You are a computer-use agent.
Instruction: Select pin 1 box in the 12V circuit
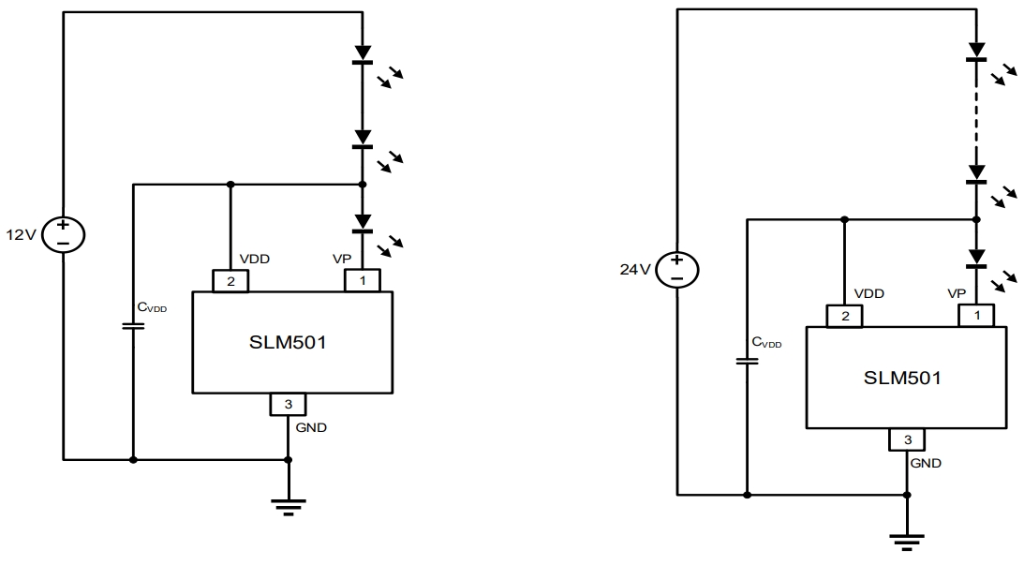(362, 279)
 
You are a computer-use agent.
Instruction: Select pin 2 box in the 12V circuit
(230, 279)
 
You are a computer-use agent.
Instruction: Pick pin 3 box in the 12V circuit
(288, 404)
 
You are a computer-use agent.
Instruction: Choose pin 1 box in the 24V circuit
(975, 316)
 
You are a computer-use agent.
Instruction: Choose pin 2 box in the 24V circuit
(844, 316)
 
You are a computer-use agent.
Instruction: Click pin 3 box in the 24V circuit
(907, 439)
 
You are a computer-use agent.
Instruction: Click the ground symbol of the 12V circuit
(288, 507)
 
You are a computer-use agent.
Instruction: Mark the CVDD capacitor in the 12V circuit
(133, 326)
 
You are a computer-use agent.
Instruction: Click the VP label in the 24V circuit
(957, 292)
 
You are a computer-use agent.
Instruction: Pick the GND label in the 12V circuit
(313, 428)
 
